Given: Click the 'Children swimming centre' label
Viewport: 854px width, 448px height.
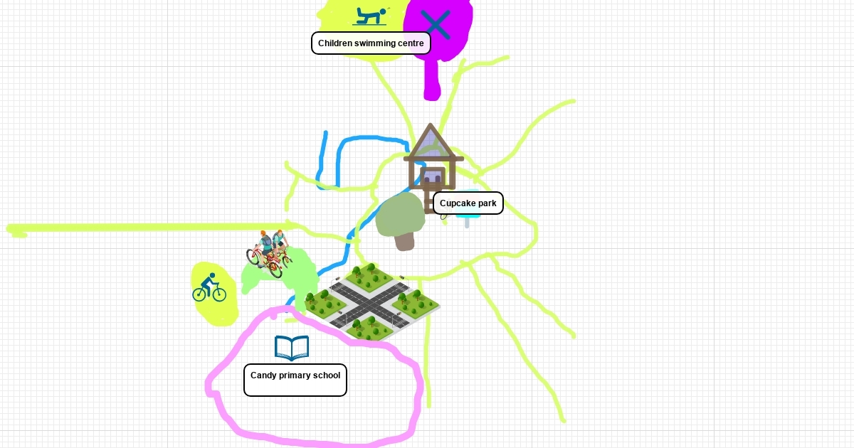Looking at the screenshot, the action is click(371, 43).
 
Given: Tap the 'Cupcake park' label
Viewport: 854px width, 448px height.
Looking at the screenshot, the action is click(468, 203).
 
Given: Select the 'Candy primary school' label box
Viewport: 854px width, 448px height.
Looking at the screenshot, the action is click(295, 380).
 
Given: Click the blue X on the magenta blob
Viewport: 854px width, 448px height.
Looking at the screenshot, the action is click(436, 24).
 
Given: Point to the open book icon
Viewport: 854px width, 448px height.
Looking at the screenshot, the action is click(292, 348).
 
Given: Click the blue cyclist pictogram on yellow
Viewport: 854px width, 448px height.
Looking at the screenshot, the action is click(209, 287).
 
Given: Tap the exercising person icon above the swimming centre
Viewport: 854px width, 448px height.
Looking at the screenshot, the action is click(370, 17).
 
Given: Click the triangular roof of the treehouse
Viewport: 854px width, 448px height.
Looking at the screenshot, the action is click(431, 142).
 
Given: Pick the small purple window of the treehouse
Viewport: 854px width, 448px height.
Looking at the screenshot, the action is click(433, 177).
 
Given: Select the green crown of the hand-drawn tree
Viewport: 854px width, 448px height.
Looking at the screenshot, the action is click(400, 215).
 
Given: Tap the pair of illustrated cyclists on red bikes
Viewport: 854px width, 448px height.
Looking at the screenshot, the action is click(269, 252).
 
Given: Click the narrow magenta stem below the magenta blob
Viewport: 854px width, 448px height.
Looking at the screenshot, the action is click(433, 79).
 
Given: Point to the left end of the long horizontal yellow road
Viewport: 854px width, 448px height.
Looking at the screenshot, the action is click(9, 228).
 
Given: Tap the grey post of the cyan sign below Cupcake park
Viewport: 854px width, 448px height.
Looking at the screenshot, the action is click(467, 223).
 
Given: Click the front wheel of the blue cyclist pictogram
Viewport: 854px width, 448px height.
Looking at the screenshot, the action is click(219, 294).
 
